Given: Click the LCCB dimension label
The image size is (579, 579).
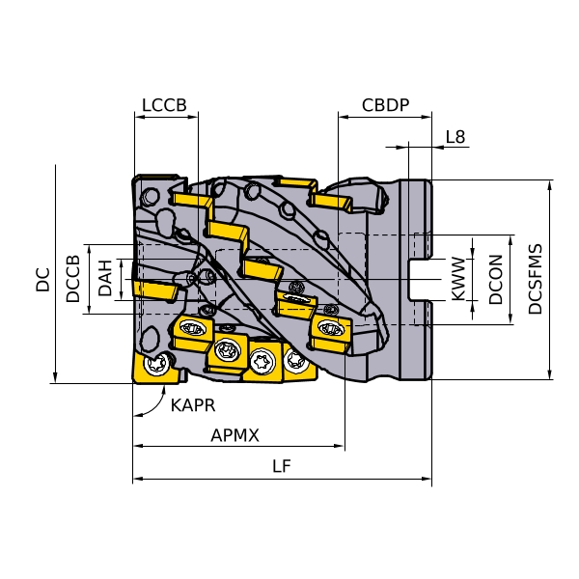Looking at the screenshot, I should [163, 105].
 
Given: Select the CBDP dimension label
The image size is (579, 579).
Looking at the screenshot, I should [386, 105].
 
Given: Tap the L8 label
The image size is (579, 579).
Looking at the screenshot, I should [455, 137].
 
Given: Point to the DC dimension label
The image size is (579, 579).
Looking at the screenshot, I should [42, 280].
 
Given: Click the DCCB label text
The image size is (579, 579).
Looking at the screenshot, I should [73, 279].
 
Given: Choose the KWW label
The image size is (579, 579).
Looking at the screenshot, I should [459, 280].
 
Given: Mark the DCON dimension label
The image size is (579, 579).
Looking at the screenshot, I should [496, 280].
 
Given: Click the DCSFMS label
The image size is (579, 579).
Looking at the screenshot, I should [536, 279].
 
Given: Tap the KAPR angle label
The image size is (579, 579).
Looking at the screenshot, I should [193, 405].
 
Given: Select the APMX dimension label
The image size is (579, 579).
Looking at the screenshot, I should [235, 435].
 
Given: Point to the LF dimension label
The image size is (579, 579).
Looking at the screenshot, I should [282, 467].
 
